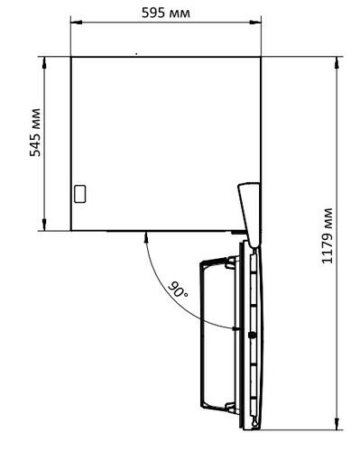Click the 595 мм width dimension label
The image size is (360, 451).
[x=166, y=13]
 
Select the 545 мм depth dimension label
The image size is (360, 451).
[x=35, y=133]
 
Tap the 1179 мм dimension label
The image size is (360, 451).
[x=328, y=236]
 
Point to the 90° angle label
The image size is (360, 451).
[x=178, y=290]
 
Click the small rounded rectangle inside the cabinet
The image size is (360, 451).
[x=80, y=194]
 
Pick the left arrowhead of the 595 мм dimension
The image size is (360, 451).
[x=76, y=23]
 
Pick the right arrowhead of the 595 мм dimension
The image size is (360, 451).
[x=255, y=23]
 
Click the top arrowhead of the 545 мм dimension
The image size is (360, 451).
[x=44, y=62]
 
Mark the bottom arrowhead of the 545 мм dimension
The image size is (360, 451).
[x=44, y=225]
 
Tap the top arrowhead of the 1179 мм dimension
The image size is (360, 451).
[x=337, y=62]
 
